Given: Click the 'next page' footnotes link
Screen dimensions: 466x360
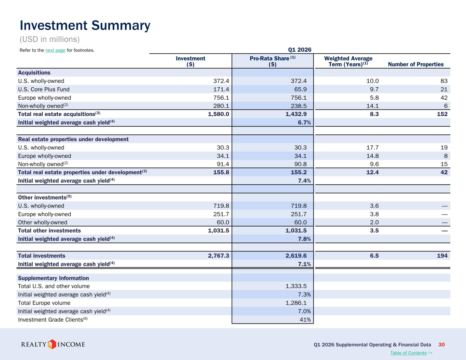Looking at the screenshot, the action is [x=55, y=50].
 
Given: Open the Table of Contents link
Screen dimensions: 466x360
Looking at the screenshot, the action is [x=408, y=353].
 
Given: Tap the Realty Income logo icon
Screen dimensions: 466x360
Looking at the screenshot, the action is [x=52, y=344].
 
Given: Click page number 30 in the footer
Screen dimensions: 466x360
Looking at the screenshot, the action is [x=441, y=345].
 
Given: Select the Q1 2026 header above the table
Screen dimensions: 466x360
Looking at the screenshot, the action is [x=300, y=50].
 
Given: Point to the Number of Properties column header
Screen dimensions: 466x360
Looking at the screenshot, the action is [x=415, y=64].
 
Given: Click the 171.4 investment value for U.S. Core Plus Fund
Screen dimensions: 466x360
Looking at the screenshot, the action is [x=221, y=89].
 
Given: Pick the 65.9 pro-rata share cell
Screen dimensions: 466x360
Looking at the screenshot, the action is [x=300, y=89].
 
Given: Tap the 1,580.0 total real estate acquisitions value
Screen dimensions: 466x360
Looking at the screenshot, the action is [x=218, y=114].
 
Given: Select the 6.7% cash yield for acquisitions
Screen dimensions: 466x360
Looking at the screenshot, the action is [x=304, y=123].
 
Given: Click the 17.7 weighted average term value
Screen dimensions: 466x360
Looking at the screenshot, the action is [x=372, y=148].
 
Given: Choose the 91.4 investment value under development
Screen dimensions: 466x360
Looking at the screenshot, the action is [x=223, y=164].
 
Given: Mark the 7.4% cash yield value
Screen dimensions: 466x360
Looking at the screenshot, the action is [x=304, y=181].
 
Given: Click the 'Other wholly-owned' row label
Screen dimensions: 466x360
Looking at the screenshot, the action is [x=42, y=222].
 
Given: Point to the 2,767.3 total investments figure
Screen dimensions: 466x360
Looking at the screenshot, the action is [x=218, y=256].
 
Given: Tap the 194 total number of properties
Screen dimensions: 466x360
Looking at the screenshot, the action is [x=442, y=256].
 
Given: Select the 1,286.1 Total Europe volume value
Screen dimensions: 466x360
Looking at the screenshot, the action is [x=296, y=303].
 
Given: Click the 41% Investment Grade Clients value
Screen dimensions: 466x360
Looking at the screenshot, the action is [x=305, y=320].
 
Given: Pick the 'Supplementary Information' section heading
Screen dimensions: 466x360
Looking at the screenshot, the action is [x=53, y=278].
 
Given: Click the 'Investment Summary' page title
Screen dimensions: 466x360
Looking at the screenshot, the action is [x=85, y=26].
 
